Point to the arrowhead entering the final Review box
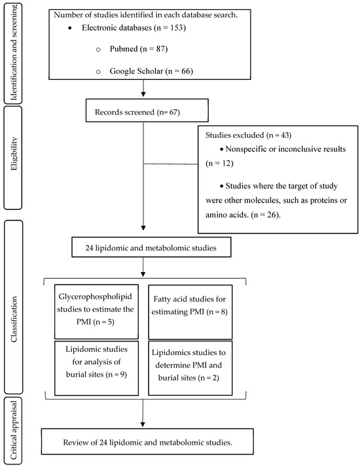(x=142, y=423)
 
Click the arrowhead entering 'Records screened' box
(x=142, y=99)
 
